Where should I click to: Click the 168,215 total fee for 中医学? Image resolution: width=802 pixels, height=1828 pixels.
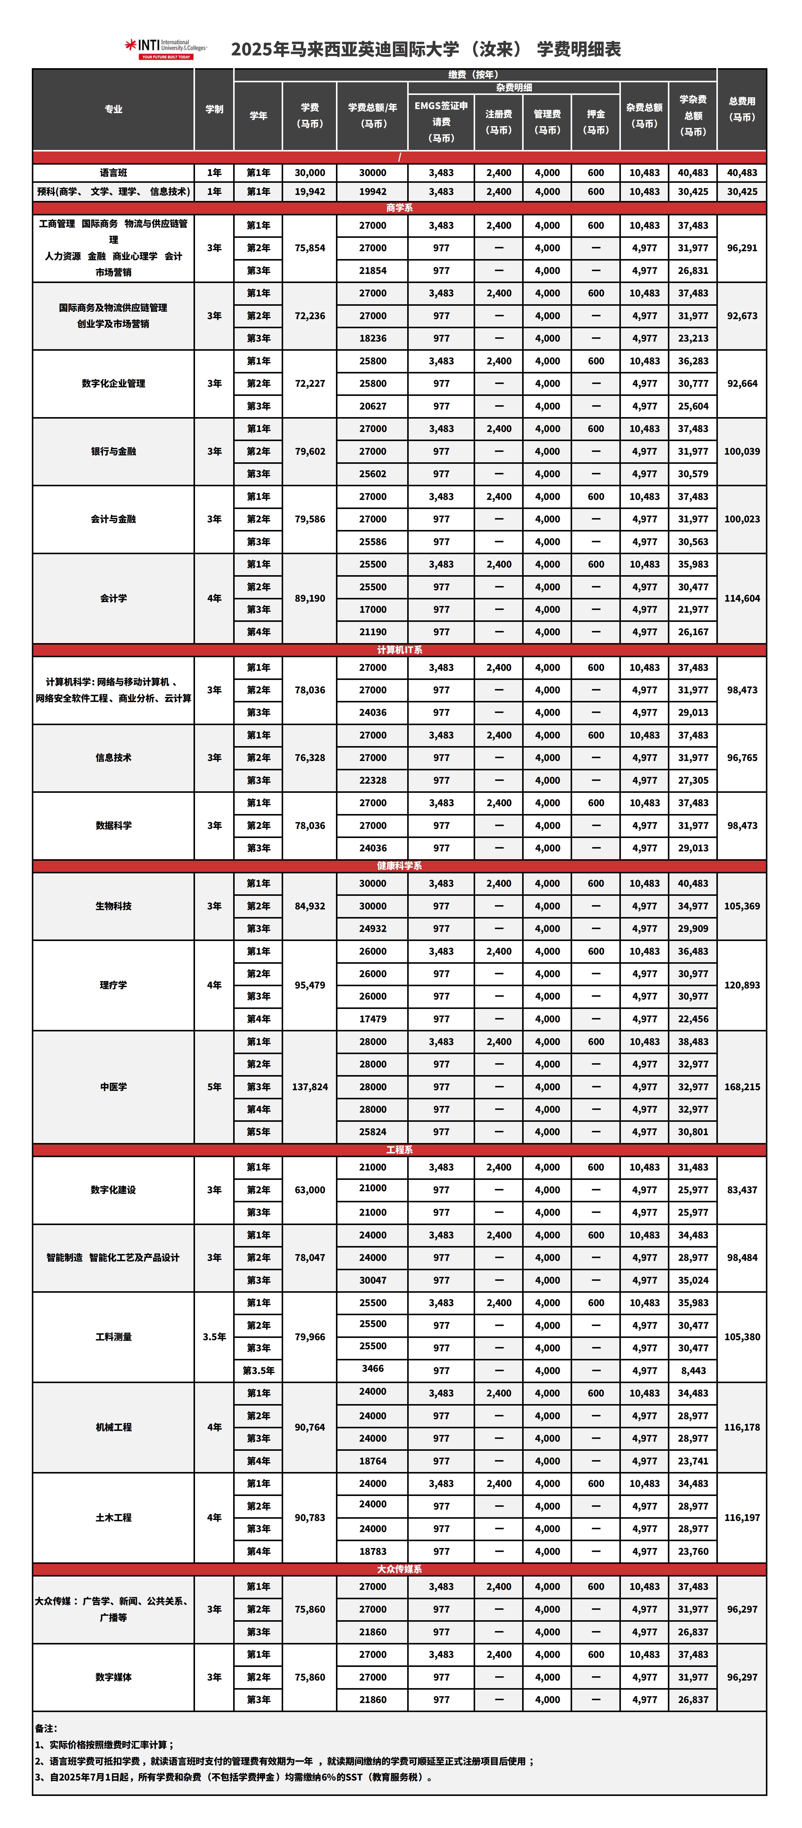pyautogui.click(x=742, y=1086)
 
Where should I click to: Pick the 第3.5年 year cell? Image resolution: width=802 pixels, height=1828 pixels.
pyautogui.click(x=258, y=1370)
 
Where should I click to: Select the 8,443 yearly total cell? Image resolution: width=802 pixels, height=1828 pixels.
pyautogui.click(x=693, y=1370)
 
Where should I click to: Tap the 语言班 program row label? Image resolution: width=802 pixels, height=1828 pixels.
pyautogui.click(x=114, y=172)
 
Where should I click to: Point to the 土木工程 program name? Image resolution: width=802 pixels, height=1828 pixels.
pyautogui.click(x=114, y=1517)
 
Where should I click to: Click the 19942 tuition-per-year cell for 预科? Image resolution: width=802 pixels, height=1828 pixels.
pyautogui.click(x=373, y=192)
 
